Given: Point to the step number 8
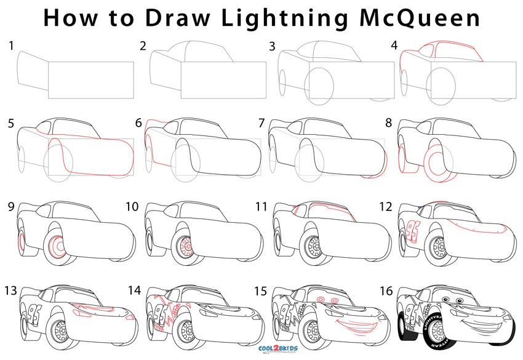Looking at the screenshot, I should point(388,122).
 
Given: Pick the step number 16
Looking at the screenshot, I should point(388,289).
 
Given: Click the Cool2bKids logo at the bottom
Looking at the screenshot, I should point(261,349).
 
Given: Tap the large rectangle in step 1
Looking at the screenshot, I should point(90,80).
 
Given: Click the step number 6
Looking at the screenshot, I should point(138,122).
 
